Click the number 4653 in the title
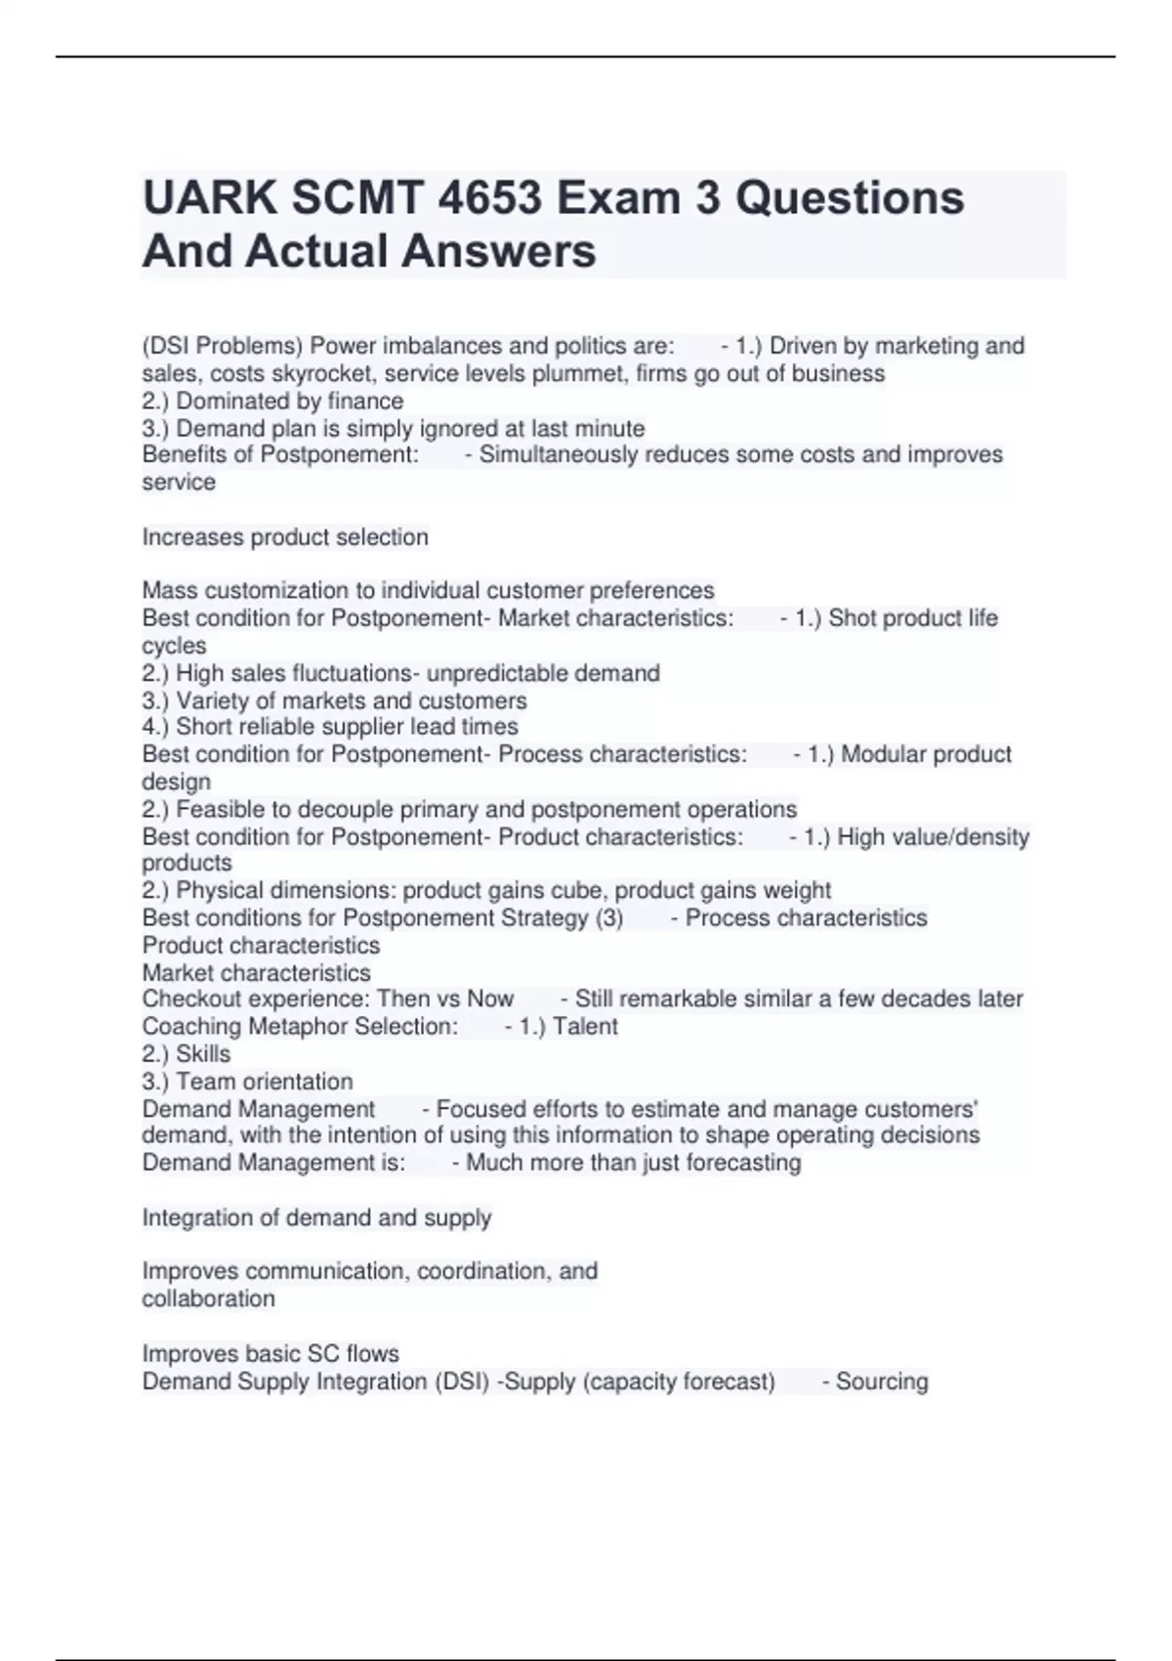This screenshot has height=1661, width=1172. (x=489, y=198)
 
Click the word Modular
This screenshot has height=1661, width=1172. (x=883, y=754)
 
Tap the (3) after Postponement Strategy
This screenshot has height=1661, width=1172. (x=608, y=917)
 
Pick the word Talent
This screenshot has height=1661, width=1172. (x=585, y=1026)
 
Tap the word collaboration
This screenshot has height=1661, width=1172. (x=208, y=1299)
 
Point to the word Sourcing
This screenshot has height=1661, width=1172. (x=882, y=1382)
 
